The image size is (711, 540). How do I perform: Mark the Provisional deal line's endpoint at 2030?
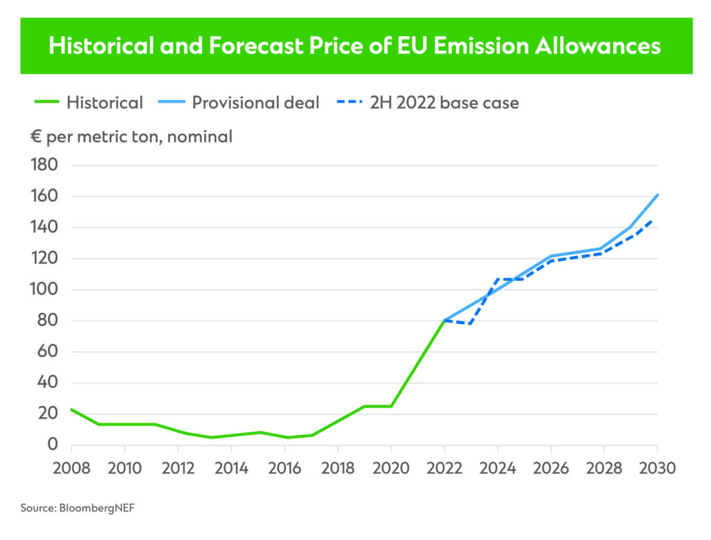pos(657,195)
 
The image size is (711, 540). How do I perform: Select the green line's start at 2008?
pos(72,409)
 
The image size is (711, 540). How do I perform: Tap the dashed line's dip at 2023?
pos(471,323)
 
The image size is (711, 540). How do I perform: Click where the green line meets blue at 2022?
pos(444,320)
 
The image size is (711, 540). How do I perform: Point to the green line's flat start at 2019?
pos(365,406)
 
